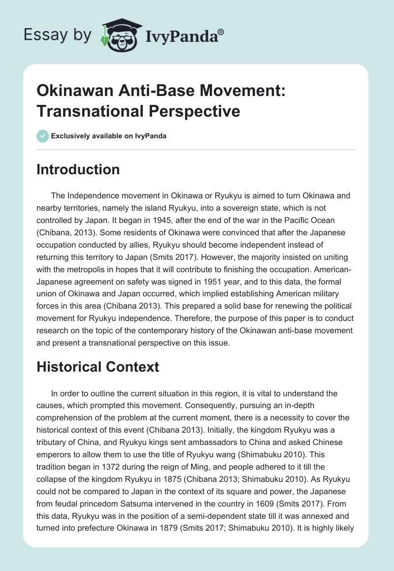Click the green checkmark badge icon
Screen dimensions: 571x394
(x=42, y=136)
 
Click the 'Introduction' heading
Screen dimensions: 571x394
(x=78, y=169)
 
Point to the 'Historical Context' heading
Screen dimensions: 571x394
(x=98, y=366)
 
